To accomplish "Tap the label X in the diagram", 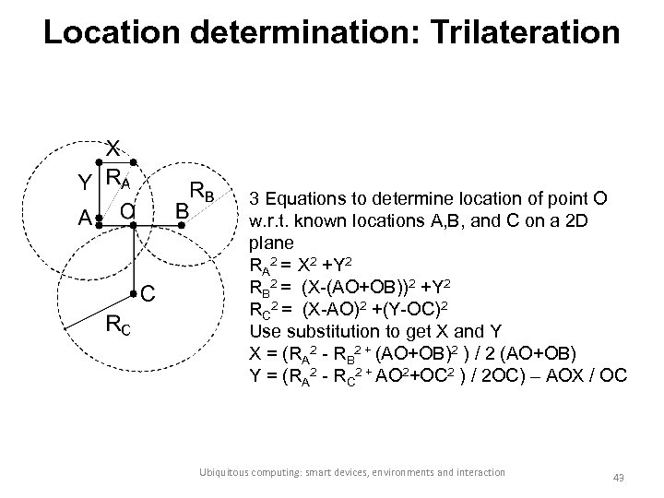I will tap(112, 148).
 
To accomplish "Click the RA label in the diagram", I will tap(117, 176).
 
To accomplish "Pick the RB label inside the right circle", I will tap(202, 192).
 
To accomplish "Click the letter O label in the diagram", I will tap(127, 213).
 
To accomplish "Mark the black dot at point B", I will tap(182, 238).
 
